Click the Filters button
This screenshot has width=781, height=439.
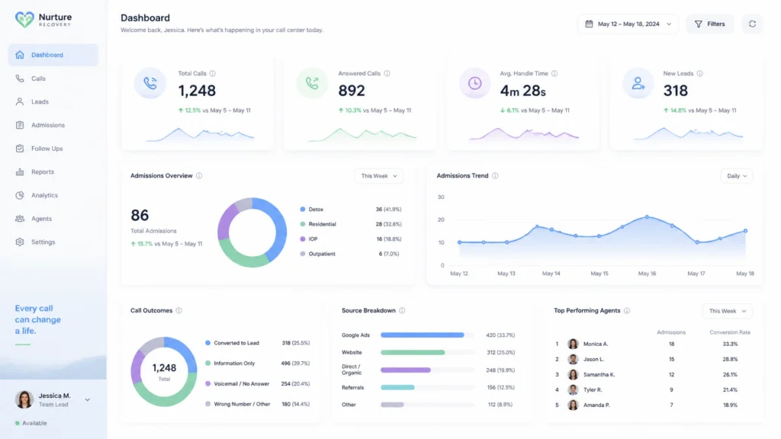(x=710, y=24)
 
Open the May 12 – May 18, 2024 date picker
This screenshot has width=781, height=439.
(x=628, y=24)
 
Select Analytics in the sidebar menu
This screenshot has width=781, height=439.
(x=44, y=195)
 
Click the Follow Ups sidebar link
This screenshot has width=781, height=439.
(x=47, y=149)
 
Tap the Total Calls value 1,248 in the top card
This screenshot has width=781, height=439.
(x=197, y=91)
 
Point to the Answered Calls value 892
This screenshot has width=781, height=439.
(x=352, y=91)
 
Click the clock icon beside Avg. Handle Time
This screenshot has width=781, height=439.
(x=474, y=83)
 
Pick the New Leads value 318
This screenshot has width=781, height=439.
(x=676, y=91)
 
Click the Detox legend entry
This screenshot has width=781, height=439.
(x=312, y=210)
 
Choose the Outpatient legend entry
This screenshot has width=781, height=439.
(x=318, y=254)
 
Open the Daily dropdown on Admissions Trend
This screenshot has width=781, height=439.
(x=737, y=176)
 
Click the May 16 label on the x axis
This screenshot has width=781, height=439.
(x=647, y=274)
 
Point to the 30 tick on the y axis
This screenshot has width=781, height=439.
(x=441, y=197)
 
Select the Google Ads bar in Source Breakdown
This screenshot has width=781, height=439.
(x=423, y=335)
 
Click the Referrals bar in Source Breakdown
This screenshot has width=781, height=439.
(x=397, y=387)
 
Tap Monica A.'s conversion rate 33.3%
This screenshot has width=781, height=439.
(x=730, y=344)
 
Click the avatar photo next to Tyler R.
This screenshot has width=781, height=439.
(x=574, y=389)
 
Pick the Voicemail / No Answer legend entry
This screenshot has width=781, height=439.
(x=237, y=384)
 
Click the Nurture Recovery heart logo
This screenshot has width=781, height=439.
(x=24, y=19)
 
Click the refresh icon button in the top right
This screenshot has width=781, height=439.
(x=752, y=24)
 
